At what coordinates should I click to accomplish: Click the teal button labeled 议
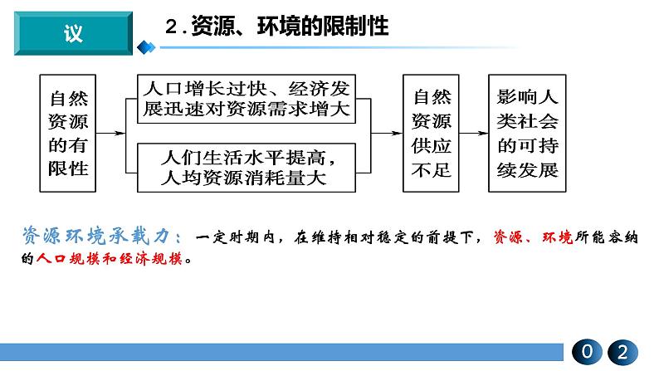74,33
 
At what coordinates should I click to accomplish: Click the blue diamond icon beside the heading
146,47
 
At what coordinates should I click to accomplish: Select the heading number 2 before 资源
172,26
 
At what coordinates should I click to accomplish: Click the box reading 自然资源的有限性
68,133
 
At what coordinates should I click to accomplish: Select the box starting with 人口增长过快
247,99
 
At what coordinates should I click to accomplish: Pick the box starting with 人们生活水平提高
247,168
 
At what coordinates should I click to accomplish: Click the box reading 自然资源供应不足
431,133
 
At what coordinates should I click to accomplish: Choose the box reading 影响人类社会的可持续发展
527,133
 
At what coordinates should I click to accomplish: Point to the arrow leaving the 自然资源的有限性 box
111,133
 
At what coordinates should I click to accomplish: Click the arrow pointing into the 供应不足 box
387,133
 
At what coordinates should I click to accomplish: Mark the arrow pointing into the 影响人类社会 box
474,133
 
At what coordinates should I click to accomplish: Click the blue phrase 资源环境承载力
96,236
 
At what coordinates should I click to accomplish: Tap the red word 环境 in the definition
557,237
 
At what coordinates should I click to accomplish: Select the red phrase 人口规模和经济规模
110,258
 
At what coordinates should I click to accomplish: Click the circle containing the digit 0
587,352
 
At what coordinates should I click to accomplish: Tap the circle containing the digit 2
622,352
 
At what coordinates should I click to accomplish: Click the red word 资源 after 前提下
508,237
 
